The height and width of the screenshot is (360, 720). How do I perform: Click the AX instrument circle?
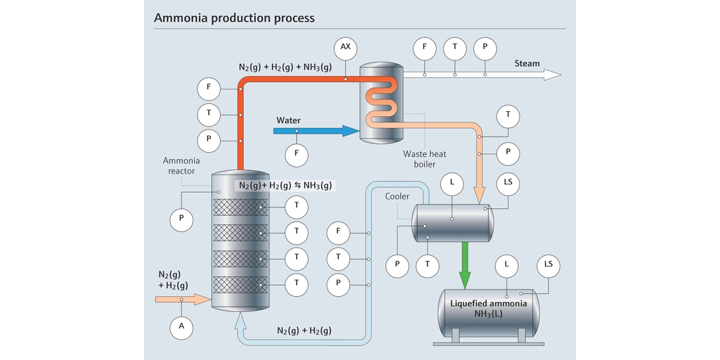click(345, 47)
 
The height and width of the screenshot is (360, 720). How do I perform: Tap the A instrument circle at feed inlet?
click(181, 326)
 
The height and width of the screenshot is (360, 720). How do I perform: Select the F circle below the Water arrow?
click(296, 152)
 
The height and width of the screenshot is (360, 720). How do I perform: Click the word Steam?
click(527, 63)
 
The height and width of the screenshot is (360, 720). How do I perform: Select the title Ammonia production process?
click(234, 17)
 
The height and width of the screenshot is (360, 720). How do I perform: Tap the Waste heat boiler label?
click(424, 160)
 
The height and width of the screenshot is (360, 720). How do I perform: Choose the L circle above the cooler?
click(452, 184)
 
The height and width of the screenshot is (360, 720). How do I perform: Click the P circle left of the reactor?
click(181, 219)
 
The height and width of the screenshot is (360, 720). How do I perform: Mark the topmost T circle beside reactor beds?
click(297, 207)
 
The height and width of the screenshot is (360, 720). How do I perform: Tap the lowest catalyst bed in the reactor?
click(240, 285)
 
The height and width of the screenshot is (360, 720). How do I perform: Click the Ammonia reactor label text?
click(181, 166)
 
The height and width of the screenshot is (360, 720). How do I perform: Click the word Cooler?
click(397, 197)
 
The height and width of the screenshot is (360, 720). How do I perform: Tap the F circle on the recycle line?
click(339, 231)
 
